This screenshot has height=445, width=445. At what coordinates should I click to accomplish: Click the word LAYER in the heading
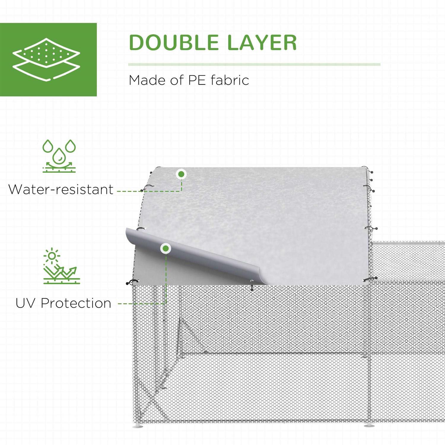[x=262, y=42]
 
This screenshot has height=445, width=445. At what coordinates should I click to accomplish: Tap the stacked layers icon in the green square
[x=46, y=59]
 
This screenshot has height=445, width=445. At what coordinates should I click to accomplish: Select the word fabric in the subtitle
[x=230, y=80]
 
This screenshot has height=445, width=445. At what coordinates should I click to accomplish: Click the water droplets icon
[x=59, y=156]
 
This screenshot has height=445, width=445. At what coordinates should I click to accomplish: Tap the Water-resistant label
[x=61, y=189]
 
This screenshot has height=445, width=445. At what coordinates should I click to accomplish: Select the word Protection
[x=76, y=303]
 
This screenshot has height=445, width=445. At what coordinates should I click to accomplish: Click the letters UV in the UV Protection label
[x=26, y=303]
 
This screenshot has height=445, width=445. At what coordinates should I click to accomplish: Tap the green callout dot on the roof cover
[x=181, y=174]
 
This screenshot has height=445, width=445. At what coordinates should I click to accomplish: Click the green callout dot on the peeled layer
[x=166, y=248]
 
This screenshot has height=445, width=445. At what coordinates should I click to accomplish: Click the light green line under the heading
[x=254, y=64]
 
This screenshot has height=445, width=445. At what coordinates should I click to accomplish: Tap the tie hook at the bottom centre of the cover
[x=252, y=285]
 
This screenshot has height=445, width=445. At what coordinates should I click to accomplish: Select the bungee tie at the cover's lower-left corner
[x=132, y=282]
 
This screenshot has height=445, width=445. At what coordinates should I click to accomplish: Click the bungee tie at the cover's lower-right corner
[x=371, y=279]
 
